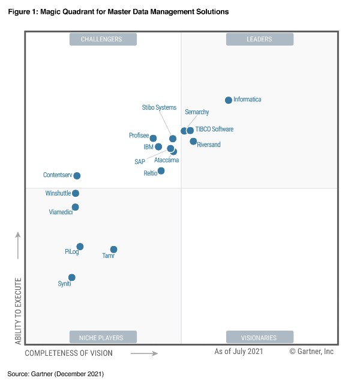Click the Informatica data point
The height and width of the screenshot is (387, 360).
(229, 100)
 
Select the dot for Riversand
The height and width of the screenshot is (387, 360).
(193, 142)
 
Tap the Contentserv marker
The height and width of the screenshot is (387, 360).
(77, 176)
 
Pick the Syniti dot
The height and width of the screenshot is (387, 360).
(72, 277)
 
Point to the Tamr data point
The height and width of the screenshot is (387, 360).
(113, 250)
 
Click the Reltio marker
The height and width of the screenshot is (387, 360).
(161, 171)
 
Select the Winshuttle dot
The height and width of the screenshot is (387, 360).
(76, 193)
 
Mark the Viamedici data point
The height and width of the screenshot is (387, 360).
(75, 207)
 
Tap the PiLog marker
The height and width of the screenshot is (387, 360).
(80, 247)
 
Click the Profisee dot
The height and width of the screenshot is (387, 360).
(153, 139)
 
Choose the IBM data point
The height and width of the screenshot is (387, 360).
(158, 146)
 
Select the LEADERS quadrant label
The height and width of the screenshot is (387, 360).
(259, 40)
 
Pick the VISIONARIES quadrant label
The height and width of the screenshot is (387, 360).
(259, 337)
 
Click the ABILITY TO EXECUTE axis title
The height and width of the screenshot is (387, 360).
(18, 311)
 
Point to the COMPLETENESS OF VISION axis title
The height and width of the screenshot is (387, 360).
(68, 353)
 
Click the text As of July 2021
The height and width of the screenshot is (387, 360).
(239, 352)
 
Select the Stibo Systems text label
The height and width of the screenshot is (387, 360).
(159, 108)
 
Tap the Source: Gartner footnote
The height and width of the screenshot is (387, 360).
(56, 374)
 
